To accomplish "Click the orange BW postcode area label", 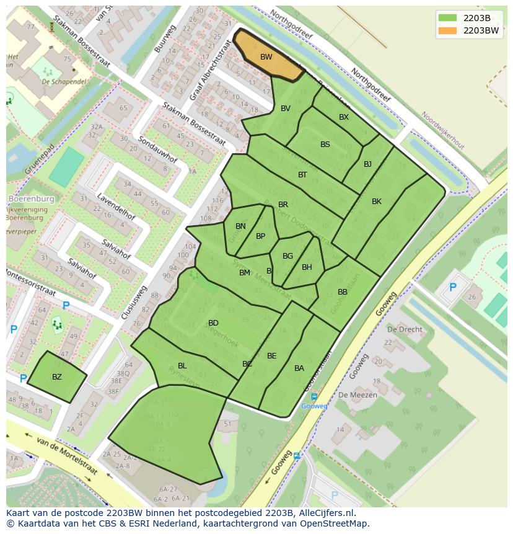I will (266, 57).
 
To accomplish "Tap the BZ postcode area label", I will (57, 377).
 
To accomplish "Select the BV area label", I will (286, 109).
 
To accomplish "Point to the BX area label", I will (344, 117).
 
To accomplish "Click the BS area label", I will (325, 145).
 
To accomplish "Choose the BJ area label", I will (367, 164).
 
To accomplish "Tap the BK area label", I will (377, 202).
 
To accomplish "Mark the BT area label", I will (302, 175).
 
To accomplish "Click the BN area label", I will (241, 226).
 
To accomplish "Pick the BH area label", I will (307, 267).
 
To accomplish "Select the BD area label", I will (213, 323).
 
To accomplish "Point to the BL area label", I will (182, 366).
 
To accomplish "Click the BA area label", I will (299, 368).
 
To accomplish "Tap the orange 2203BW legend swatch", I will (447, 30).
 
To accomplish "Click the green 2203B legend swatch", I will (447, 17).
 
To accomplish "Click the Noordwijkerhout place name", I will (442, 130).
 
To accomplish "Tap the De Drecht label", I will (405, 329).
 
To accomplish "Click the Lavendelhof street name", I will (116, 207).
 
